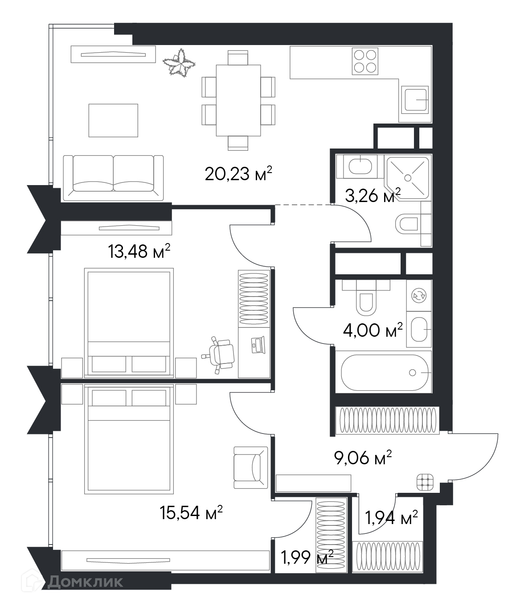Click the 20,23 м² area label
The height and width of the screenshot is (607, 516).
[x=238, y=173]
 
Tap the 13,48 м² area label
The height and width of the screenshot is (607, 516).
[x=139, y=252]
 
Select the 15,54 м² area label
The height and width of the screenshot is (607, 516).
[x=191, y=512]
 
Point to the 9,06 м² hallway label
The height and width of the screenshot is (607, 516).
[x=363, y=458]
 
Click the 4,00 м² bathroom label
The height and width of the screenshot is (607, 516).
[x=373, y=330]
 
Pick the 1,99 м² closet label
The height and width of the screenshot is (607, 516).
[x=307, y=557]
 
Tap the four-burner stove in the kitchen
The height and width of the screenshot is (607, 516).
[x=365, y=62]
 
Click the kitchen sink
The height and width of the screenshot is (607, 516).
[x=415, y=100]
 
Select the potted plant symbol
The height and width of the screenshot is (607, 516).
[x=179, y=63]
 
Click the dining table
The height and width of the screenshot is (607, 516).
[x=238, y=100]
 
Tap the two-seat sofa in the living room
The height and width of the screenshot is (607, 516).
[x=113, y=178]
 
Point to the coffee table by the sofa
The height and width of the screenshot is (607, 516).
[x=113, y=120]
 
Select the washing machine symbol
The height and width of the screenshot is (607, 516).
[x=418, y=295]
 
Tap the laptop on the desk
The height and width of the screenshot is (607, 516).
[x=258, y=345]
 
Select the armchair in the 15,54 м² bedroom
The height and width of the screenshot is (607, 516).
[x=251, y=467]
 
